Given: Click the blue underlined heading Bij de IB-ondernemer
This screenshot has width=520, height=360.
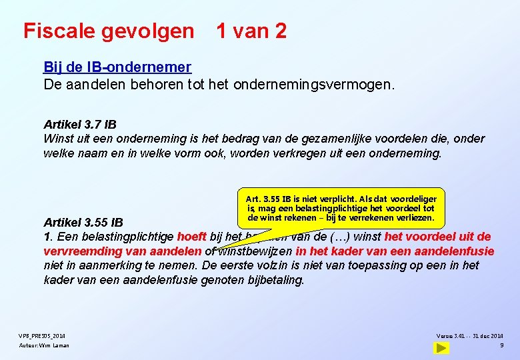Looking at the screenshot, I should tap(117, 67).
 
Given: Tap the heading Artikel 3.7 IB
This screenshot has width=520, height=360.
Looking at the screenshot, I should tap(80, 125).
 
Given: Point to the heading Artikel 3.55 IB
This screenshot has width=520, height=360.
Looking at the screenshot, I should tap(83, 223).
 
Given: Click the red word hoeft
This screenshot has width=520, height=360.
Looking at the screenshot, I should tap(192, 237).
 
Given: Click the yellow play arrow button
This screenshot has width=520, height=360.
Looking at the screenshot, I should tap(441, 347).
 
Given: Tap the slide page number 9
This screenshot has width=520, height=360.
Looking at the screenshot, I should tap(501, 345).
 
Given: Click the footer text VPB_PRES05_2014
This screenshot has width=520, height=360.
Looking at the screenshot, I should tap(41, 335).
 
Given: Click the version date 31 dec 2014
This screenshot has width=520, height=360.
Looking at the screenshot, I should tap(488, 335).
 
